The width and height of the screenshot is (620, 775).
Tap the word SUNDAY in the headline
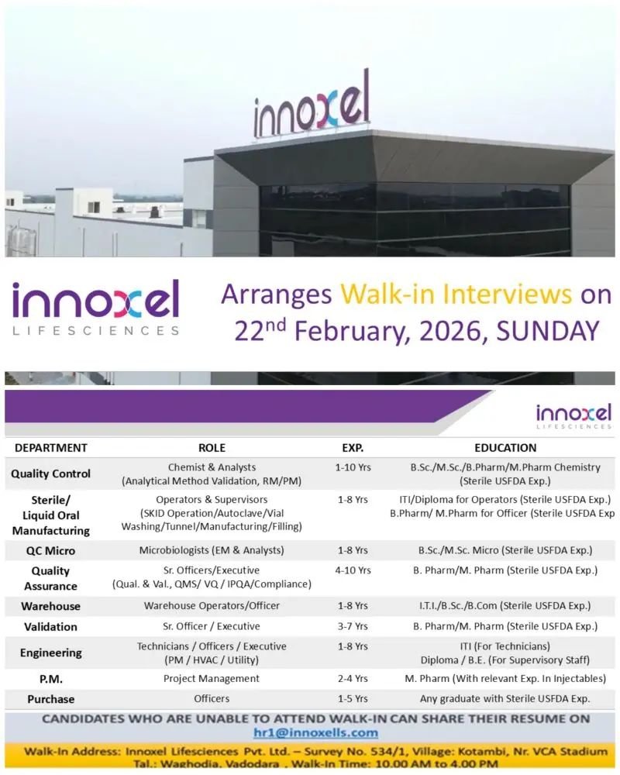[x=547, y=331]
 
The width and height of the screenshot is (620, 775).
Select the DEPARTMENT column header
[x=51, y=448]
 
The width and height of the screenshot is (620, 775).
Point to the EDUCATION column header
[x=505, y=448]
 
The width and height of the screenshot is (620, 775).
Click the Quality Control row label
[x=50, y=474]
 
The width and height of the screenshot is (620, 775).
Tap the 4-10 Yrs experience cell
[x=353, y=570]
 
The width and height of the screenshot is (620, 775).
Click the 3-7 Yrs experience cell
[x=353, y=626]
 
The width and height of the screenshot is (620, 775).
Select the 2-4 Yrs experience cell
[x=353, y=679]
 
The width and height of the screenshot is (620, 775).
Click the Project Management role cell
[x=212, y=679]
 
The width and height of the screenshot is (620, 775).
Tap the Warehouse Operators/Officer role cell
[x=212, y=606]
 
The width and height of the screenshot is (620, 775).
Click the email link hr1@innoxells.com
[x=315, y=732]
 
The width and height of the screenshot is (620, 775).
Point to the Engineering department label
[x=50, y=653]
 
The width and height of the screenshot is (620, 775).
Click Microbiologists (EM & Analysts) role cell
[x=212, y=550]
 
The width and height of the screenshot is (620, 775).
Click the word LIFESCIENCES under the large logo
[x=95, y=330]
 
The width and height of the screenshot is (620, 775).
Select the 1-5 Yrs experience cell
[x=353, y=699]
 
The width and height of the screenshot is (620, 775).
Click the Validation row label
[x=50, y=626]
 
